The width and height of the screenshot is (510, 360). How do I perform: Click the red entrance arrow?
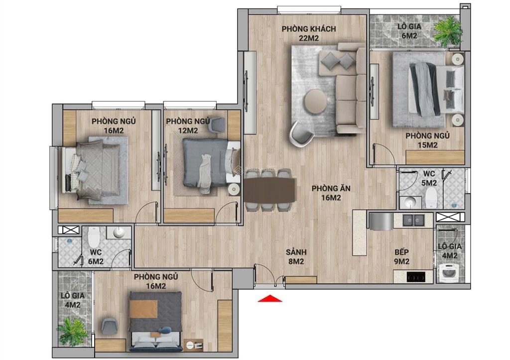(269, 298)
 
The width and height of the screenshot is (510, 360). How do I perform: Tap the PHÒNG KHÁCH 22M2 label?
(301, 32)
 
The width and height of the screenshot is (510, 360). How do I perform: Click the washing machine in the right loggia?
(450, 273)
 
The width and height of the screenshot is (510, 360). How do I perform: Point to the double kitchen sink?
(413, 220)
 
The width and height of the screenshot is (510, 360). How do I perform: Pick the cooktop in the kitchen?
(416, 276)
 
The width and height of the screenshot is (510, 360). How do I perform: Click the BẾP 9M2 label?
(401, 256)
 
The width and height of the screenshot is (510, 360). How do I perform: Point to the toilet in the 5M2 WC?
(431, 198)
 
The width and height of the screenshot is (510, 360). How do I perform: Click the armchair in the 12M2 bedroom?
(217, 124)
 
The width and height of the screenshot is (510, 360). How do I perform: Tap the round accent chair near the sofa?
(302, 134)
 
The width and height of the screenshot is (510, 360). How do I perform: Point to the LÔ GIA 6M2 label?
(407, 31)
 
